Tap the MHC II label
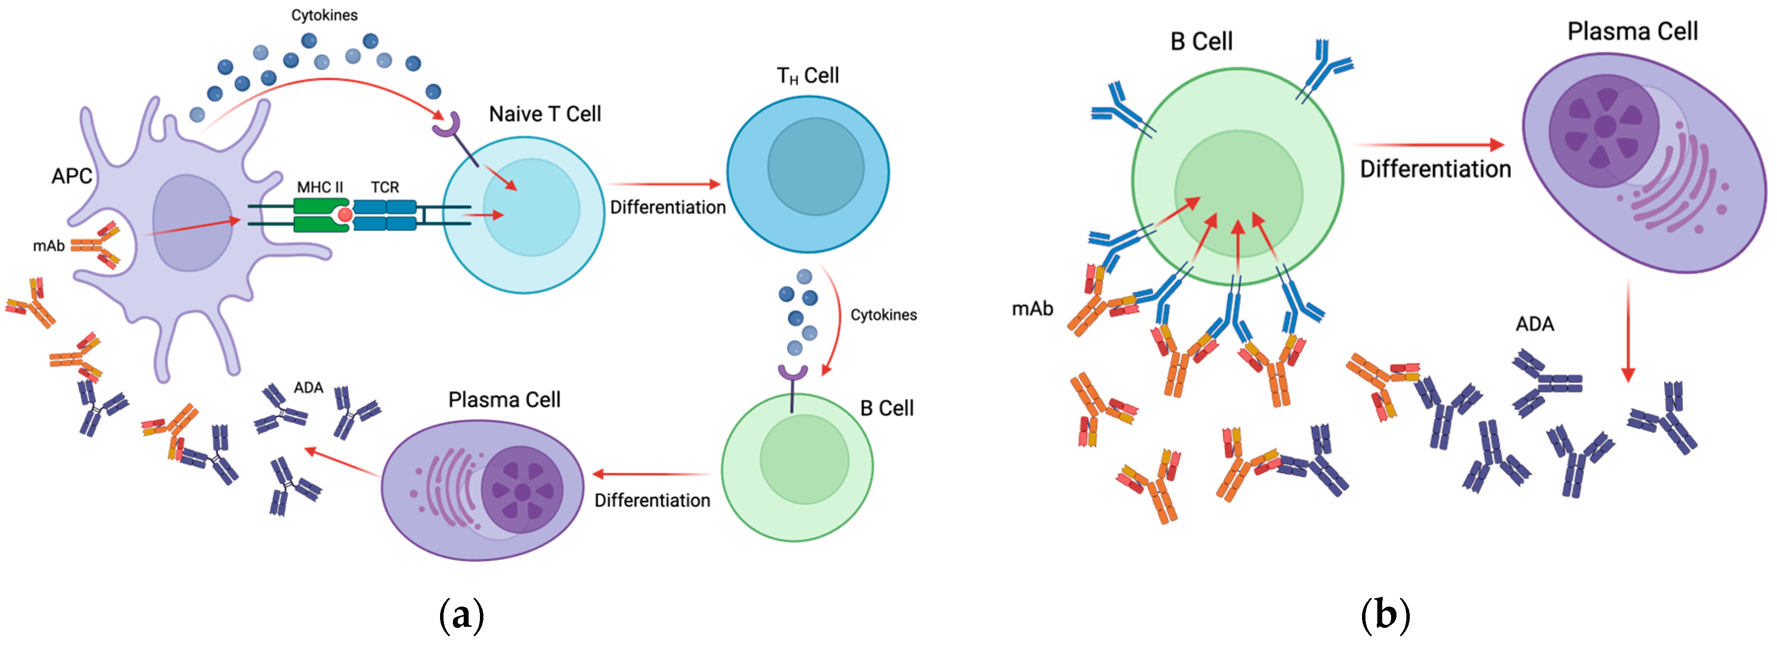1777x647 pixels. click(319, 187)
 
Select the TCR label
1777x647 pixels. click(384, 187)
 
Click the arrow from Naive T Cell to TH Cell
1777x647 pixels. click(664, 184)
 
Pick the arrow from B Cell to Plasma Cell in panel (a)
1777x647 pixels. click(652, 475)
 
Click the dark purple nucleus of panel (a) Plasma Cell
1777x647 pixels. click(522, 490)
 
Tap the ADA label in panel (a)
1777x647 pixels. click(308, 388)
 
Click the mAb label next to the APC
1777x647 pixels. click(48, 246)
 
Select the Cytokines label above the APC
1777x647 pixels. click(324, 15)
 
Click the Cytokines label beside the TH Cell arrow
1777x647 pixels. click(883, 315)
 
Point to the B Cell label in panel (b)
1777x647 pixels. click(1201, 41)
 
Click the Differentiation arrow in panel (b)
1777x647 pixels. click(1429, 145)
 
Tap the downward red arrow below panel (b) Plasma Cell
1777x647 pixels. click(1628, 331)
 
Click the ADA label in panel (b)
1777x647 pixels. click(1534, 324)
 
